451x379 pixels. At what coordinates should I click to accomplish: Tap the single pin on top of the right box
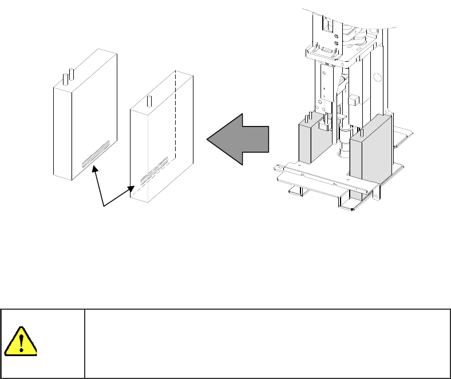[149, 101]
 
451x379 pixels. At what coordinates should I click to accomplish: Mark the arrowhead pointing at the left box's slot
[94, 167]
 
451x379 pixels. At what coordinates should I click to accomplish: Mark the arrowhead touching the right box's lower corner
[134, 187]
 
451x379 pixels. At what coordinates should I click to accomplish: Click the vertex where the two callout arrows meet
[103, 206]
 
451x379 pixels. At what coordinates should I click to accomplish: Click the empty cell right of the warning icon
[266, 344]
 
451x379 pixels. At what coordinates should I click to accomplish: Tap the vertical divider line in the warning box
[85, 344]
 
